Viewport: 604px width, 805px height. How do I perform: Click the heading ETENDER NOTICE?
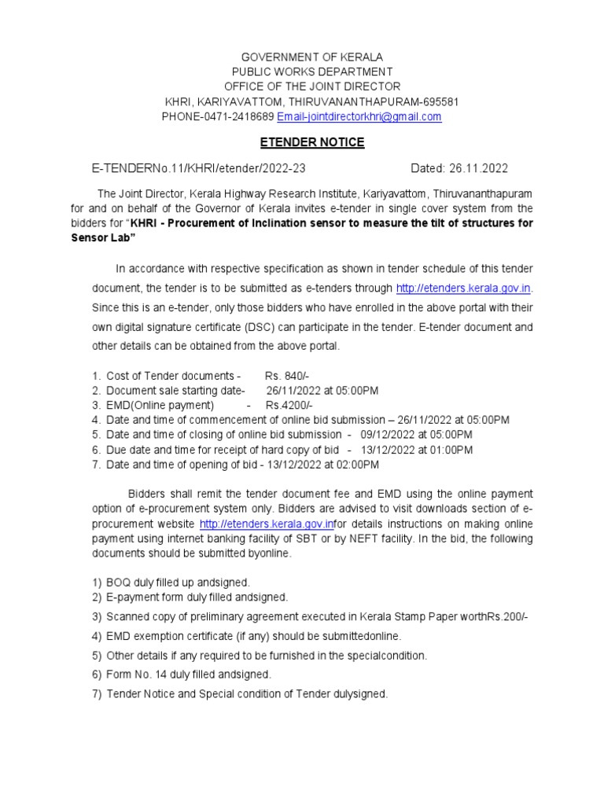coord(312,142)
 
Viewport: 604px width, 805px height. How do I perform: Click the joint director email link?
coord(359,116)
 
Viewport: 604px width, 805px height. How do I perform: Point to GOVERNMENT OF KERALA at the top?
coord(312,57)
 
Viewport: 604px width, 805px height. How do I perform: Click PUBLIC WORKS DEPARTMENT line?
coord(312,72)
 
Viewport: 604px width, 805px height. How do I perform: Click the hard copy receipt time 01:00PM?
coord(451,450)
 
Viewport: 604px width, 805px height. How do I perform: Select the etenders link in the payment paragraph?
coord(267,524)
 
